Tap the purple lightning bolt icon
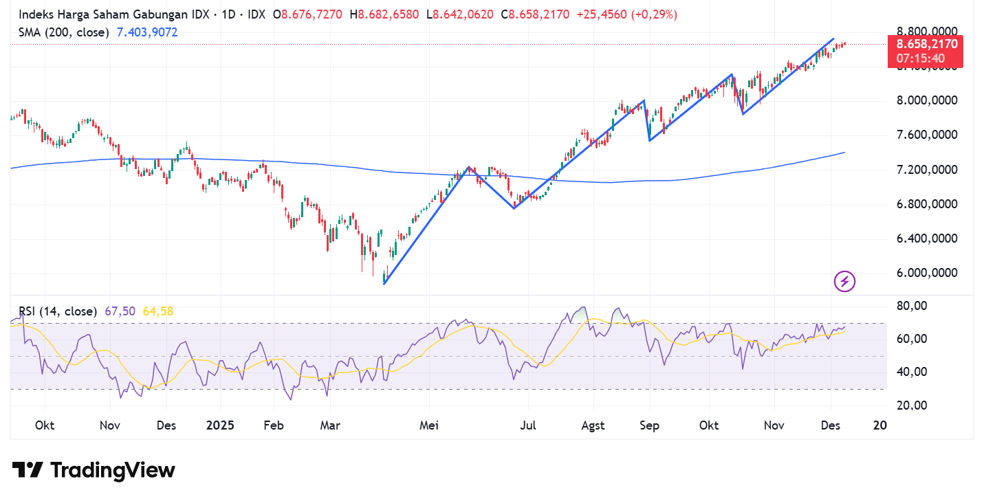pos(844,280)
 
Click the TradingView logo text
pos(94,470)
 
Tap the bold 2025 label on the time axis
pos(220,425)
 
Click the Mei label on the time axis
pos(430,425)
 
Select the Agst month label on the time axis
pos(593,425)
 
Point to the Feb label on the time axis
pos(274,425)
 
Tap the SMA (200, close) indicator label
pos(64,32)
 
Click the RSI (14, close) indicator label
pos(58,311)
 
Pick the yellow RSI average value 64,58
pos(157,311)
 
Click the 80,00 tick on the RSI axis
pos(914,305)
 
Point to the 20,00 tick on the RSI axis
pos(914,405)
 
